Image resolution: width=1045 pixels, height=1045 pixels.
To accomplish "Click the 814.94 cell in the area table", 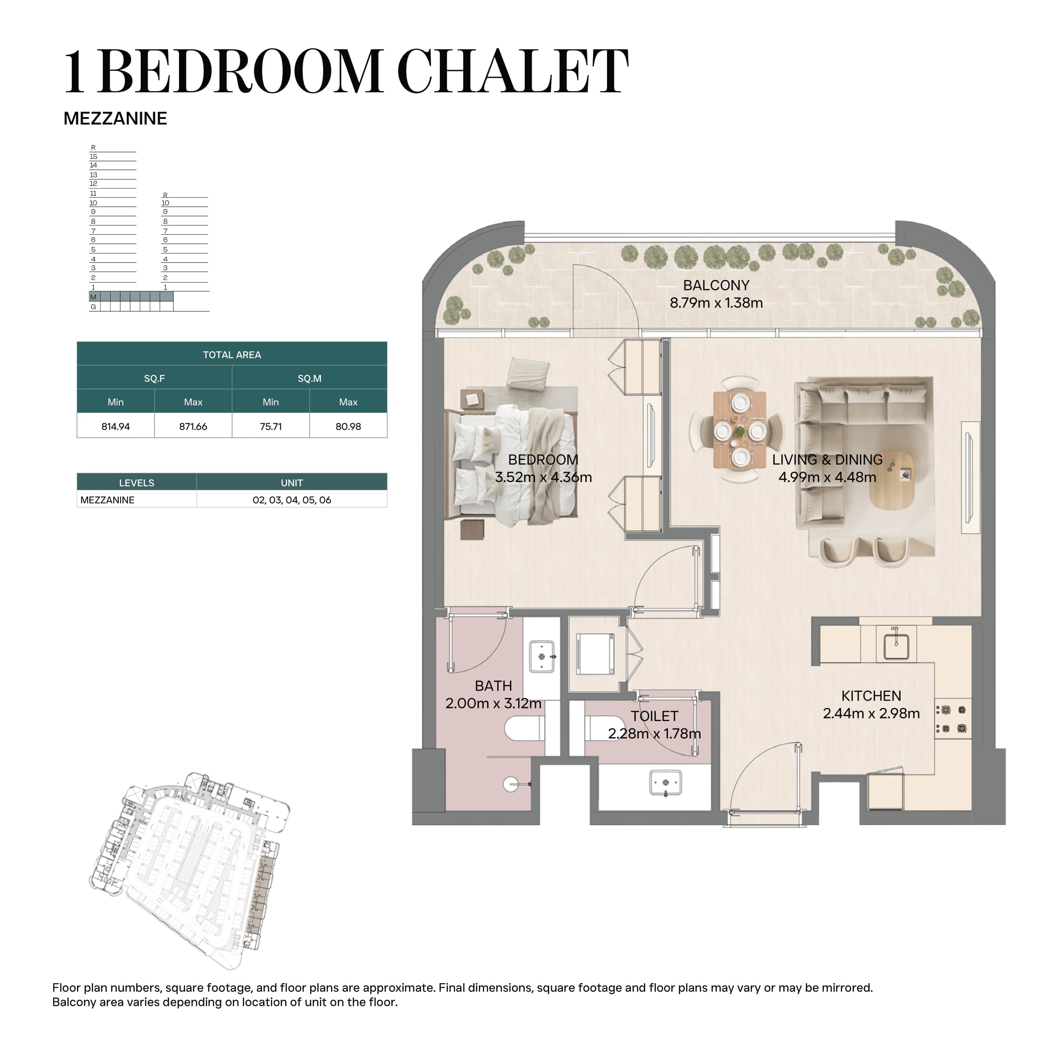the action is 115,426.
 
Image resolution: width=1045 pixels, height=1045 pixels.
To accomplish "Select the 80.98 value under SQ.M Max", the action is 348,426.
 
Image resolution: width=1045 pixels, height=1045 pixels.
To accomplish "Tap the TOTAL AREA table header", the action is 232,355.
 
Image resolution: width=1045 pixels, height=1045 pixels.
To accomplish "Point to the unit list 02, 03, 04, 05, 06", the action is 292,500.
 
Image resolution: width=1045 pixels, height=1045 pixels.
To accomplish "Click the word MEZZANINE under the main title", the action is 115,118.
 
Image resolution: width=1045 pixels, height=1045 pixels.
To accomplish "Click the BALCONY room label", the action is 716,285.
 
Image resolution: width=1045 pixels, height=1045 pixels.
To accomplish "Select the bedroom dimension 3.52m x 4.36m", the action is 543,477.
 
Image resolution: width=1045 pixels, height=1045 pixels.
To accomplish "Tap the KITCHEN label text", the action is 871,696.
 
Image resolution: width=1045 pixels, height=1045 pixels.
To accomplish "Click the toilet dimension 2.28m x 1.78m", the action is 654,733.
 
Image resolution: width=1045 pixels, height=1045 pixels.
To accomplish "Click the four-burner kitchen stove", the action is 953,719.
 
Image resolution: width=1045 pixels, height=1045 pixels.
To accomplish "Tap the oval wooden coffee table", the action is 891,480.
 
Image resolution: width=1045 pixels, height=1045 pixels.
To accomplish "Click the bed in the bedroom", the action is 511,466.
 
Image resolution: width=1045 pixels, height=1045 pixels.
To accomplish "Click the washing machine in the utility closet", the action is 595,654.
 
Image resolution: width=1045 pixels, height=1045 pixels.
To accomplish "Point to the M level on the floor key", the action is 93,297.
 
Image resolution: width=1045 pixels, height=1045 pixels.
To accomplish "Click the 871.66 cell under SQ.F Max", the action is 193,426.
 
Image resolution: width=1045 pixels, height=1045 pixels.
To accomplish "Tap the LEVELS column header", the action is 136,482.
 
